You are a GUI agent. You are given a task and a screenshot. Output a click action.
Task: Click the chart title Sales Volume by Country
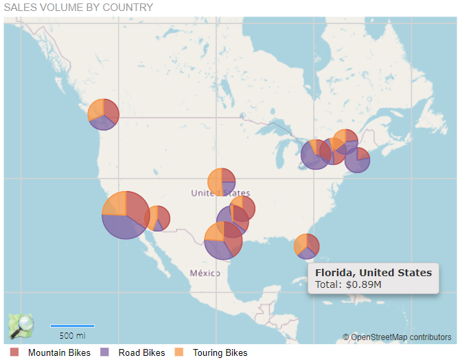coord(78,8)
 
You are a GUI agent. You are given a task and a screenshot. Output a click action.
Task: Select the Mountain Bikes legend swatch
coord(14,352)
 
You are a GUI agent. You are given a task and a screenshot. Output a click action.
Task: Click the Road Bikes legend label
coord(141,353)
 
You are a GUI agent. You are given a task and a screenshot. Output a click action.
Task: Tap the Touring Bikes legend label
coord(220,353)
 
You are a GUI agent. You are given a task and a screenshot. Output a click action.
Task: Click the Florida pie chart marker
coord(306,245)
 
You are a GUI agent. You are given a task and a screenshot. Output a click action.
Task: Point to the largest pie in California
coord(126,214)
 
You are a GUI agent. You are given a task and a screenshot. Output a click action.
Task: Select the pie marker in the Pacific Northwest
coord(103,114)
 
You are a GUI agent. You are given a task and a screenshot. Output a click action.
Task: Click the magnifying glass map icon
coord(21,326)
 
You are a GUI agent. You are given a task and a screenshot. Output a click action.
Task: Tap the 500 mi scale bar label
coord(72,336)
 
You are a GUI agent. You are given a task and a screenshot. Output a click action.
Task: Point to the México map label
coord(205,273)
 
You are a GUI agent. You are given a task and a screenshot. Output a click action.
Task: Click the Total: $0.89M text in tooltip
coord(347,284)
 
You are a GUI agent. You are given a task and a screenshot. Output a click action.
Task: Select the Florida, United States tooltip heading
coord(373,272)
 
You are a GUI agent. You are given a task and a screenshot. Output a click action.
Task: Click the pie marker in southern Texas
coord(222,240)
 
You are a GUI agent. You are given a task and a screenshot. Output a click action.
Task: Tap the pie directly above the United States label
coord(221,181)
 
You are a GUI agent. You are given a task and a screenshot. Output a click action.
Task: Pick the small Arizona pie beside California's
coord(158,218)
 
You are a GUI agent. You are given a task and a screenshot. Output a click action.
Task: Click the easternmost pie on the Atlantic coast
coord(357,159)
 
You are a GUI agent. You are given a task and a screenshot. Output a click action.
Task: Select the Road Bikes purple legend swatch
coord(105,352)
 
